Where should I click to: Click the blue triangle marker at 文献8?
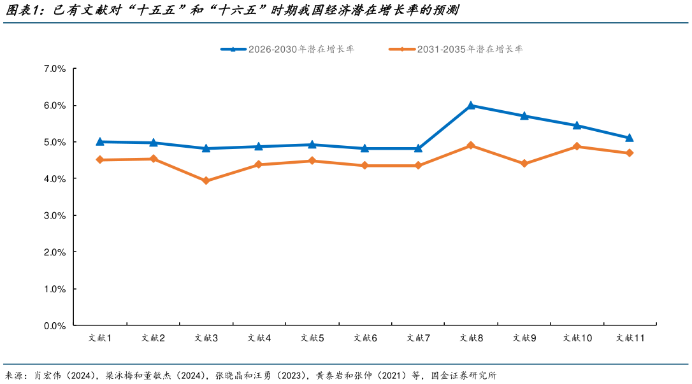(471, 106)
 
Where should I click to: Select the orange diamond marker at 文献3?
(206, 181)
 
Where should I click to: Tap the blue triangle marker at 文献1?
(100, 141)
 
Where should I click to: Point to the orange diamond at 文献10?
(577, 146)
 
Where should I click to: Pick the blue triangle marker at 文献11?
(630, 138)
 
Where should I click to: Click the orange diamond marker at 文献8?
(471, 145)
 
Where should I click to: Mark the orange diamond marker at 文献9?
(524, 164)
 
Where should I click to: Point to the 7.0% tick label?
(55, 69)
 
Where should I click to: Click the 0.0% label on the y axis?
(55, 326)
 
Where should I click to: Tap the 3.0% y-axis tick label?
(55, 216)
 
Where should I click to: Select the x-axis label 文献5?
(312, 338)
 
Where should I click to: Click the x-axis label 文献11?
(630, 338)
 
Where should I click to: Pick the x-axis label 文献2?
(153, 338)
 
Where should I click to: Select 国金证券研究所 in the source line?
(463, 375)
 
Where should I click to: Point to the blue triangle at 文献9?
(524, 116)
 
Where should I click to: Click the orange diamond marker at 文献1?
(100, 160)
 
